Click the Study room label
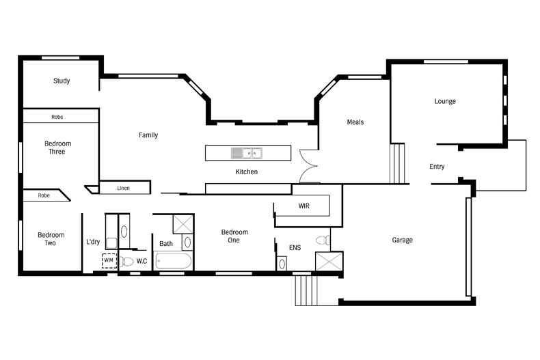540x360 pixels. coord(62,81)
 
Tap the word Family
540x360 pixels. coord(148,135)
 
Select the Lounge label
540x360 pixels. coord(445,102)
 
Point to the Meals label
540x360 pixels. coord(355,122)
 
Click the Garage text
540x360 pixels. coord(402,240)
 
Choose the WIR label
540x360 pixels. coord(304,206)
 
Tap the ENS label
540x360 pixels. coord(295,247)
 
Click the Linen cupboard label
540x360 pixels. coord(124,188)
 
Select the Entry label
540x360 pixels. coord(437,167)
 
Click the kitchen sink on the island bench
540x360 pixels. coord(247,153)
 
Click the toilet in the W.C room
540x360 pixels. coord(127,261)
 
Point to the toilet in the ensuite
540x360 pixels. coord(323,240)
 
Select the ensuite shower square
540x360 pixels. coord(328,262)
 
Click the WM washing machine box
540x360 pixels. coord(109,260)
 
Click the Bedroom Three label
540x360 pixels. coord(57,148)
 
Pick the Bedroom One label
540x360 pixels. coord(234,236)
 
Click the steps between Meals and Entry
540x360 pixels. coord(398,163)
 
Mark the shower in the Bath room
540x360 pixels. coord(183,223)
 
